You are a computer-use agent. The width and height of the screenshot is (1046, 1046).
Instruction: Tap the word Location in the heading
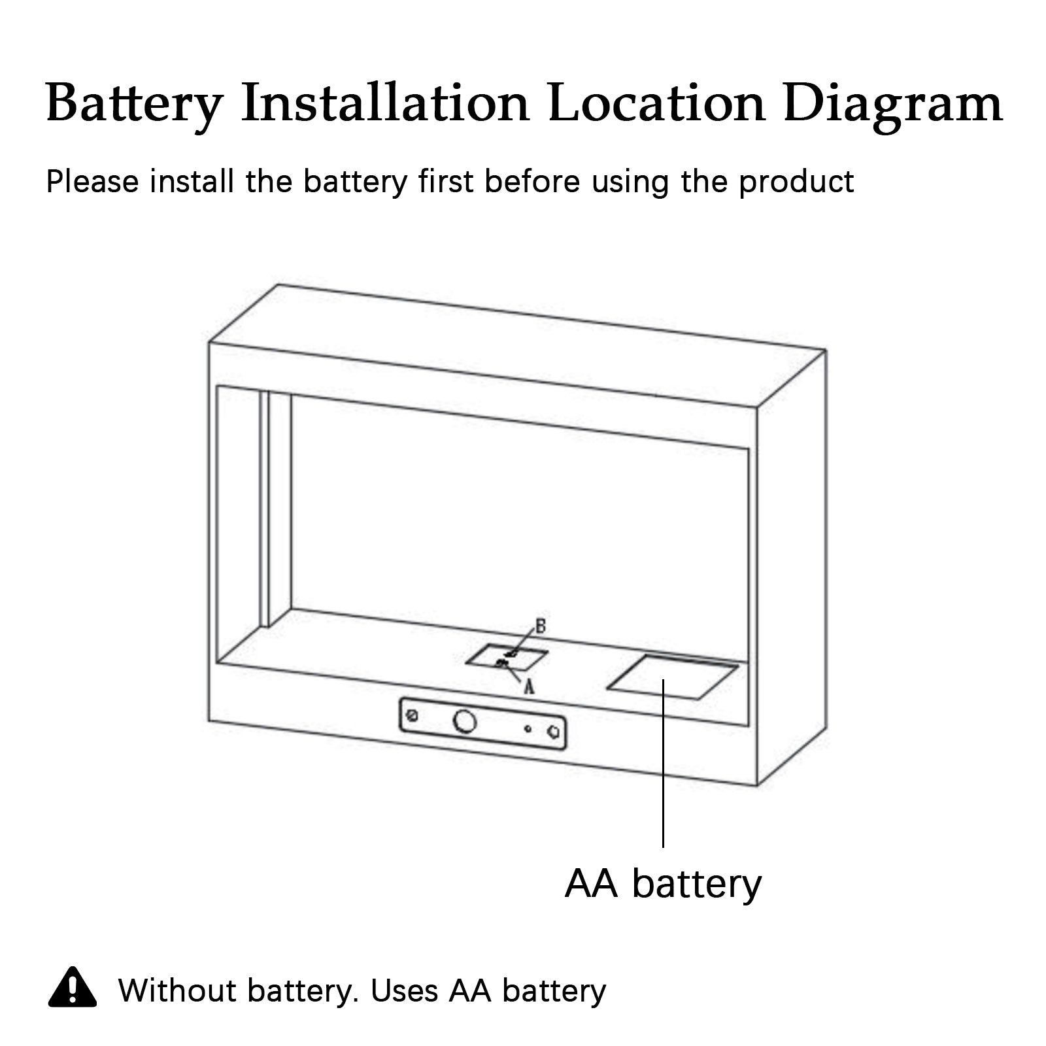point(656,103)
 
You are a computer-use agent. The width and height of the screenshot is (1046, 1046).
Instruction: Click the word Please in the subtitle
point(92,182)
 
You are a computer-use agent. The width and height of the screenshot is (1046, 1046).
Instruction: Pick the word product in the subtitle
point(796,182)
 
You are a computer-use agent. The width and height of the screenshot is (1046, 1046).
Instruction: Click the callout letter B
point(541,627)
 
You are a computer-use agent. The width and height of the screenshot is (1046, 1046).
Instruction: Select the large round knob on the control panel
point(465,721)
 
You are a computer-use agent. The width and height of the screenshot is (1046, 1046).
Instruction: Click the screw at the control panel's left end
point(412,715)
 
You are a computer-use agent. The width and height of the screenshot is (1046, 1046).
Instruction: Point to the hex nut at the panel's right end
point(555,732)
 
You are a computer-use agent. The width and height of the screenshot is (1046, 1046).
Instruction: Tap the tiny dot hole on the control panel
point(528,728)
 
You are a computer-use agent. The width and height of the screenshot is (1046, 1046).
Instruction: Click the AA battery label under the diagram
point(663,884)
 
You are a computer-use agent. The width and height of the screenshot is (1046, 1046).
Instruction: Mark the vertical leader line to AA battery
point(663,771)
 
